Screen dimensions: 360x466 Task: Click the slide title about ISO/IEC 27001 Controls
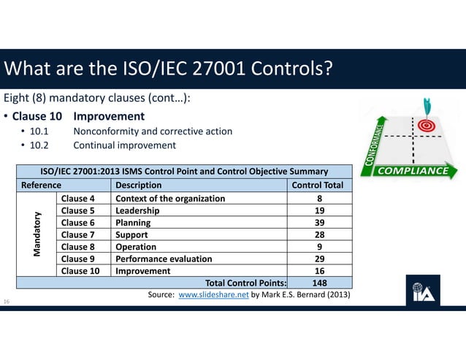[169, 69]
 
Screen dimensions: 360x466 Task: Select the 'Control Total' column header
[317, 185]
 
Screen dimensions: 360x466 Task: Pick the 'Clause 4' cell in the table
[78, 198]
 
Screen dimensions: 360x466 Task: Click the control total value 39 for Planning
[319, 223]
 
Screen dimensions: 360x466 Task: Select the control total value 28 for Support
[319, 234]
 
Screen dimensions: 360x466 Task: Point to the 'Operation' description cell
[138, 247]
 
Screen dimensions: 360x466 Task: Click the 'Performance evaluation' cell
[164, 258]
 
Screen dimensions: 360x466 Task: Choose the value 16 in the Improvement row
[319, 271]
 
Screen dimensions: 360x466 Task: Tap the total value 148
[319, 283]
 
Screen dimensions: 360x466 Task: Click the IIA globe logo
[422, 291]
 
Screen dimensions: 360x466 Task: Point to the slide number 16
[7, 301]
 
